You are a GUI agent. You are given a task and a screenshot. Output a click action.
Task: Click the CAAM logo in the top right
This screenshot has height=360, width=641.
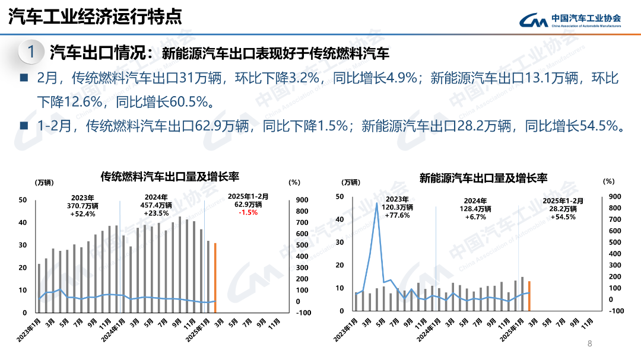[570, 20]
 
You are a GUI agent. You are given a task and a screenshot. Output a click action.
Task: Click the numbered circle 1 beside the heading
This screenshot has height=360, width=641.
[31, 52]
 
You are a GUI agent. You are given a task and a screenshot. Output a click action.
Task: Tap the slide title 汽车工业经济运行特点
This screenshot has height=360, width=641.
[95, 16]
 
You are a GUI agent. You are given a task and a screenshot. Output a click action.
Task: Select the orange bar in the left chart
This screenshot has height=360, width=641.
[215, 277]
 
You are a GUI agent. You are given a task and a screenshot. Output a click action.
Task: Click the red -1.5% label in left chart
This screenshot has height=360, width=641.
[248, 212]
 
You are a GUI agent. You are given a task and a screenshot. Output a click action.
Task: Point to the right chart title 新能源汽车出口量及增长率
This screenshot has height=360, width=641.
[483, 177]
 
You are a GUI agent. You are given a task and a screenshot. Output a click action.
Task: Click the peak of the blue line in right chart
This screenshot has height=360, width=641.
[376, 203]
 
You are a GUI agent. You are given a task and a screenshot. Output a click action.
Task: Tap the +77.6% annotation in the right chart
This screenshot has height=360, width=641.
[398, 215]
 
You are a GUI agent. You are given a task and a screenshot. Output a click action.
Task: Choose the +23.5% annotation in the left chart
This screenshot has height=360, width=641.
[157, 213]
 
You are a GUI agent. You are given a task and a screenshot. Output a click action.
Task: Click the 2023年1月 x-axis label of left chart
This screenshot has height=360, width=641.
[30, 330]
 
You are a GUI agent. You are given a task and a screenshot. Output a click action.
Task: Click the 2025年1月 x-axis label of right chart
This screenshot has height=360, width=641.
[510, 329]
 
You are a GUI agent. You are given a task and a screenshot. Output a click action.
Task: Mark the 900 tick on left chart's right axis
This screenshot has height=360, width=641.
[302, 200]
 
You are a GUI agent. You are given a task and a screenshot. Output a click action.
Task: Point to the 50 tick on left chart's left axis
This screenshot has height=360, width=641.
[23, 200]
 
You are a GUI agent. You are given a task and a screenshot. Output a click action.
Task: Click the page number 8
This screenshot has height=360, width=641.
[589, 343]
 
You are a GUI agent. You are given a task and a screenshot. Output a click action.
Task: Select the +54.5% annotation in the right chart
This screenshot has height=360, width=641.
[563, 216]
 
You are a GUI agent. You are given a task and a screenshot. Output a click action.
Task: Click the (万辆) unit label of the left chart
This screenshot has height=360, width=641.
[45, 182]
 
